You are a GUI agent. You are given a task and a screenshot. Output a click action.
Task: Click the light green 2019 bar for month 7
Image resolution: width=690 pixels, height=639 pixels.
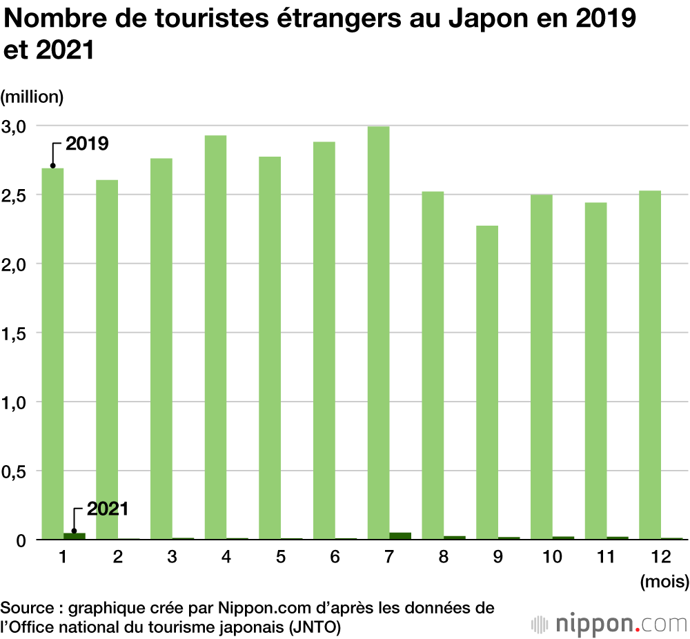378,331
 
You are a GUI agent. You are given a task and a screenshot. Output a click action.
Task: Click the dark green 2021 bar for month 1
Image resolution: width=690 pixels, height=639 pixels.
75,535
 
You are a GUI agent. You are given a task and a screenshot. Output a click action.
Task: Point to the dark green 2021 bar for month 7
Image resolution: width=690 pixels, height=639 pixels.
400,535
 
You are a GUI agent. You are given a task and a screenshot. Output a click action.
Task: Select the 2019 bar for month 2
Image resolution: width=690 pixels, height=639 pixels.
107,359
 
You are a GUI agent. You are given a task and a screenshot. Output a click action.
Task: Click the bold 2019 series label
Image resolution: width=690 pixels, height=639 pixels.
87,144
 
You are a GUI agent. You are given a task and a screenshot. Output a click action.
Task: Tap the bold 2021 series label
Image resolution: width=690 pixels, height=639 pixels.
108,509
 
